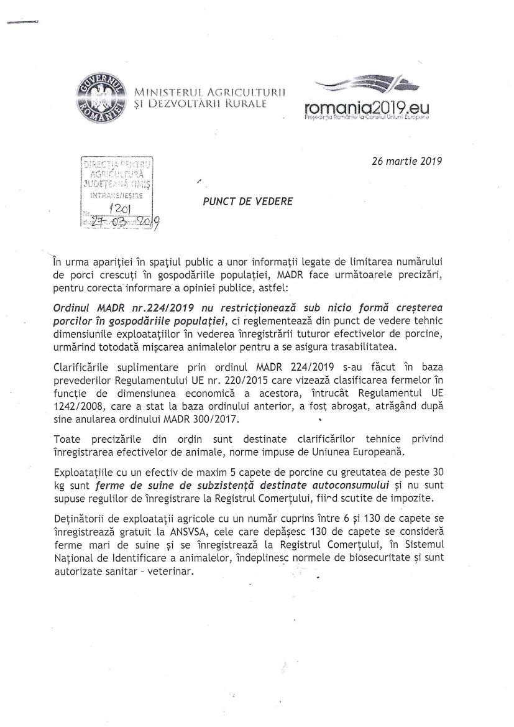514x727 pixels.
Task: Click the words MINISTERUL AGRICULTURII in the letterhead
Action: pyautogui.click(x=209, y=92)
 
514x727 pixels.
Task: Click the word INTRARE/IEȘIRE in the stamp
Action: pyautogui.click(x=117, y=195)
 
